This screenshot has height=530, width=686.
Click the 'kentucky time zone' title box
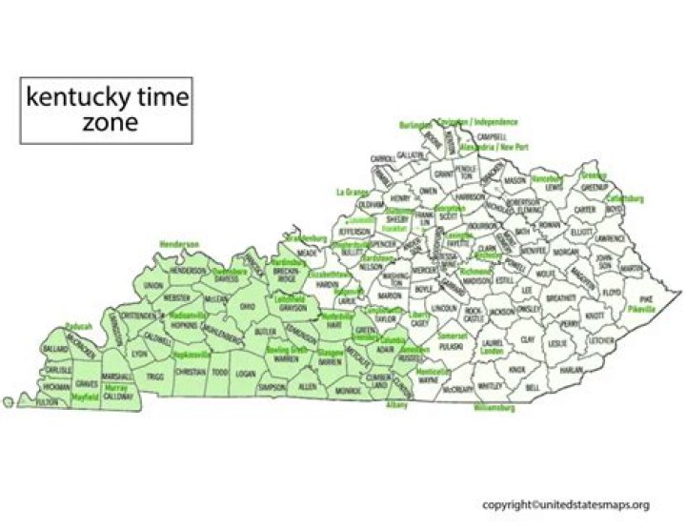[x=106, y=110]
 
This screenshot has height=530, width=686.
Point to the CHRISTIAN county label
[x=191, y=373]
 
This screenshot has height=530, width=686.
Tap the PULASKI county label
[x=453, y=349]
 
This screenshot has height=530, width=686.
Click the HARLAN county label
[x=572, y=370]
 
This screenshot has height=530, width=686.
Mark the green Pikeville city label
[x=643, y=310]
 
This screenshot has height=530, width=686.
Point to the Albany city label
[x=396, y=405]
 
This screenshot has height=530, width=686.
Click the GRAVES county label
[x=87, y=384]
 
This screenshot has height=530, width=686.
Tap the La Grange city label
[x=351, y=192]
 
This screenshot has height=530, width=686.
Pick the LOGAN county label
[x=246, y=374]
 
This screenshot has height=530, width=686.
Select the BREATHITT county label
[x=560, y=298]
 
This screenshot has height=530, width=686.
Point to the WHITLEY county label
[x=489, y=385]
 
